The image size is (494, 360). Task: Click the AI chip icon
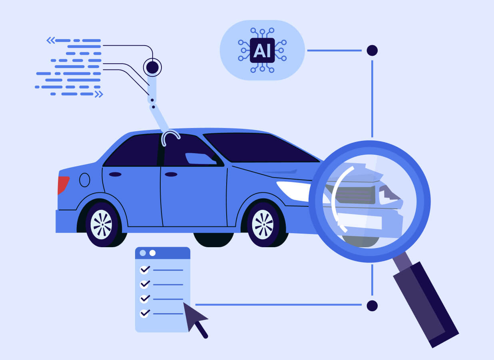click(262, 50)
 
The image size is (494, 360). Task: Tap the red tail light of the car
click(63, 185)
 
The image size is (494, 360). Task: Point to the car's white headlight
click(294, 190)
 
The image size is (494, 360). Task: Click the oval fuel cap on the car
click(85, 180)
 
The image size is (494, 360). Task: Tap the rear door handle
click(115, 174)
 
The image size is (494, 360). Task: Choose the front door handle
click(171, 174)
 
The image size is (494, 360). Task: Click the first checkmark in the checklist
click(145, 270)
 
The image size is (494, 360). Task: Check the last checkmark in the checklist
click(145, 313)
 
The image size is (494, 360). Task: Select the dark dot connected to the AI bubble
click(372, 50)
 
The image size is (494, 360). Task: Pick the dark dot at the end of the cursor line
click(372, 306)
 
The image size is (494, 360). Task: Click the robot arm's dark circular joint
click(152, 67)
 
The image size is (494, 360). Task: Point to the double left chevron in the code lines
click(50, 40)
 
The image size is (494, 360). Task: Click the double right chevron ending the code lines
click(99, 94)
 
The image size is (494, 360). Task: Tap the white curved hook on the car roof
click(171, 137)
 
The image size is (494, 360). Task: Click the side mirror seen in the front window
click(200, 158)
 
